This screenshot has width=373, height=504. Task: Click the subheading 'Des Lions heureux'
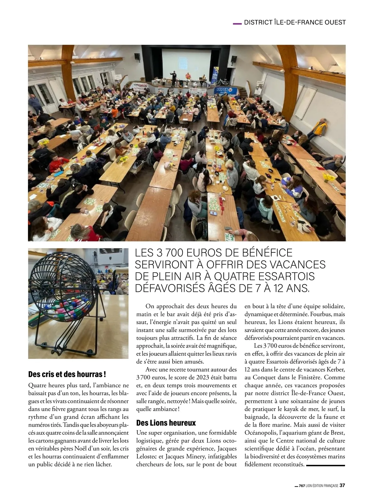pos(166,423)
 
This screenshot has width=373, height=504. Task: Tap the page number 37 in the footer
pos(342,485)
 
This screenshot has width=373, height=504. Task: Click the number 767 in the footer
pos(302,486)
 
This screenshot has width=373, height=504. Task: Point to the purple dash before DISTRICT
pos(237,23)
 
